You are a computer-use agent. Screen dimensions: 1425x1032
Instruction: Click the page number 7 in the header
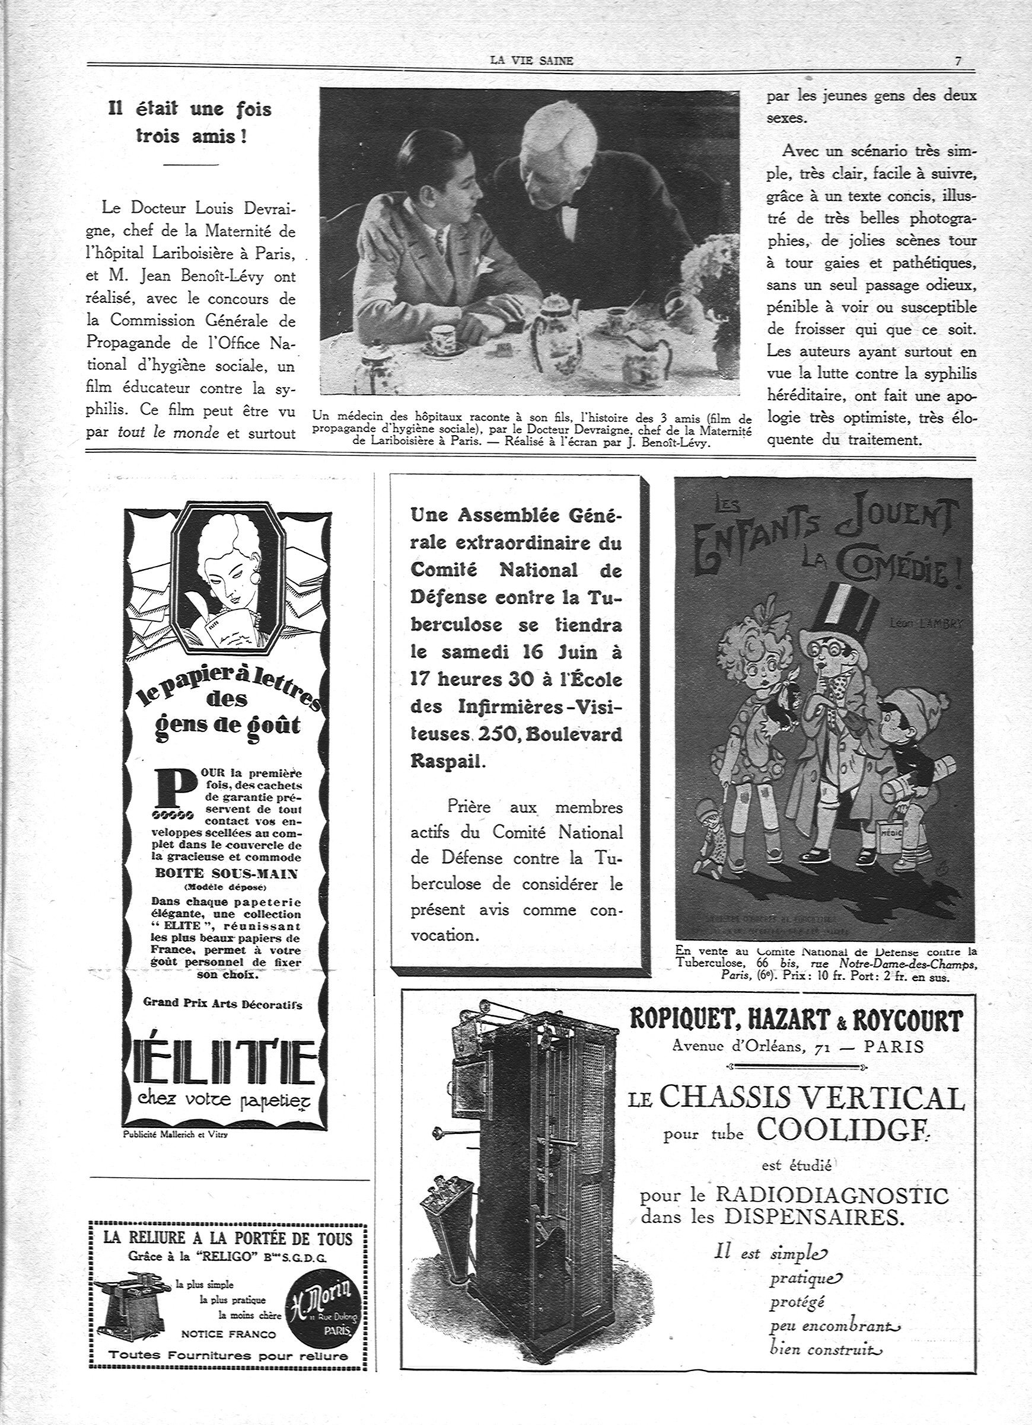pos(958,61)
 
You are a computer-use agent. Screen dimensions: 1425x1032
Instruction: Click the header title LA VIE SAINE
pos(531,61)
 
